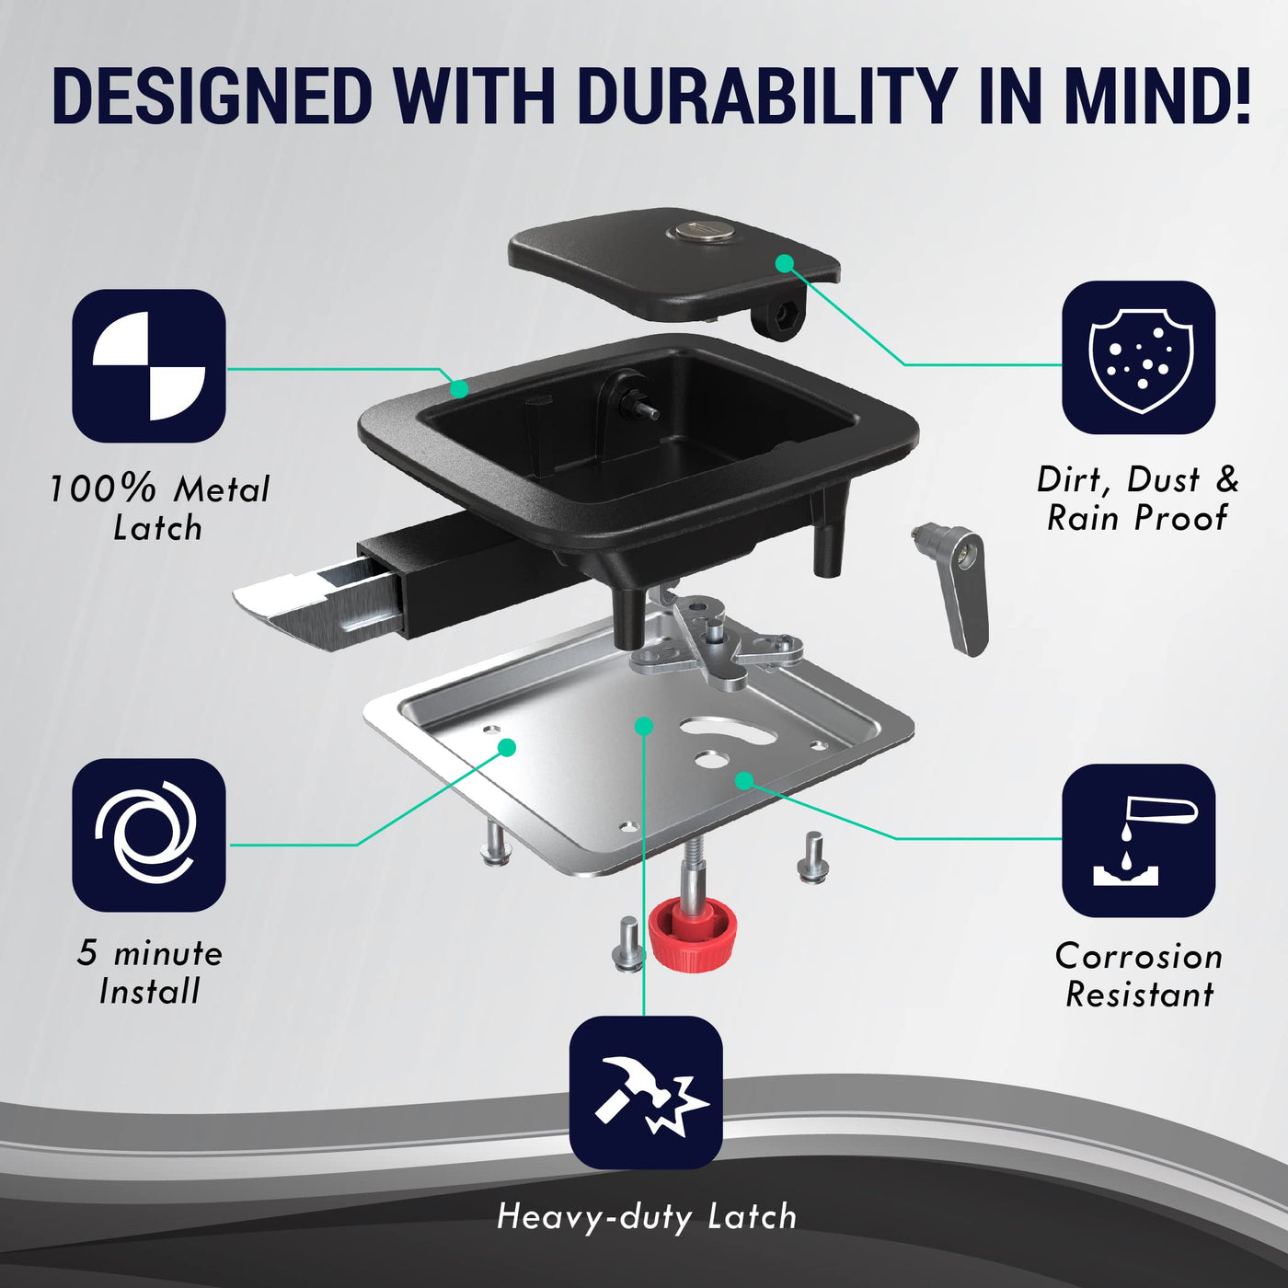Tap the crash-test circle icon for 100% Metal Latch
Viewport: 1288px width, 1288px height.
click(149, 365)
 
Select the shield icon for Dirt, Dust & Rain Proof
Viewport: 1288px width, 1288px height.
click(1138, 358)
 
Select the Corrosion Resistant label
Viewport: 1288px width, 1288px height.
click(1138, 975)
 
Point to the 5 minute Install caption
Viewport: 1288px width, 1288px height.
click(150, 972)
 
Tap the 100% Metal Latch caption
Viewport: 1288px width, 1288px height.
click(159, 508)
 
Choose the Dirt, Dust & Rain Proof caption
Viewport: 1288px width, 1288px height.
click(1138, 499)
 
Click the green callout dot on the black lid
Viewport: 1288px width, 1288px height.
click(785, 263)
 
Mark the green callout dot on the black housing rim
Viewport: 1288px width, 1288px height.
click(458, 388)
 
